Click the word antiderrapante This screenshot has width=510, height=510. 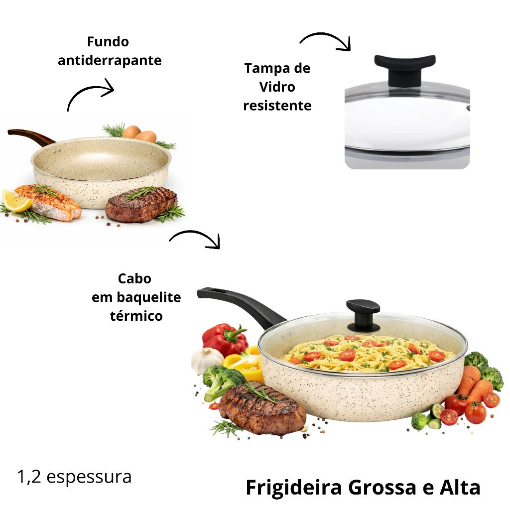click(110, 61)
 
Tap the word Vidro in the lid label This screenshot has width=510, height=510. click(277, 87)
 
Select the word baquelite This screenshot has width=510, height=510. click(148, 297)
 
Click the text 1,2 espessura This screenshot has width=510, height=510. click(75, 477)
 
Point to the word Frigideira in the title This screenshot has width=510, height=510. click(294, 488)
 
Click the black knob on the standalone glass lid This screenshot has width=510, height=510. click(404, 69)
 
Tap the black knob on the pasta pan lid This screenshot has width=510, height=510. click(363, 315)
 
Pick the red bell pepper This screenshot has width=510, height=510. click(225, 339)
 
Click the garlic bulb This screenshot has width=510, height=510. click(207, 360)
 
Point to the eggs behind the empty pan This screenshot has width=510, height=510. click(140, 133)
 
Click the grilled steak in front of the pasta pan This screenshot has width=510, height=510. click(262, 408)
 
